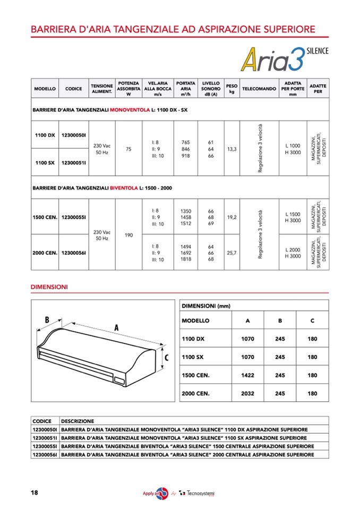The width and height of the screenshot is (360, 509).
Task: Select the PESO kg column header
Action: [232, 88]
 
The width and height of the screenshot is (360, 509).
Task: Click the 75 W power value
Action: [128, 150]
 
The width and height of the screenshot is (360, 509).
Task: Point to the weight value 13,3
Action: [232, 150]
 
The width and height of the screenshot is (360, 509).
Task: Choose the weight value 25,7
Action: [232, 253]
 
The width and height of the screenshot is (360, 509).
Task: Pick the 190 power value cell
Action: [128, 234]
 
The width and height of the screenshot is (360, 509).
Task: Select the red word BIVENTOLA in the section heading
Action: [124, 188]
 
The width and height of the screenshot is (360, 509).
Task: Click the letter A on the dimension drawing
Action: [116, 329]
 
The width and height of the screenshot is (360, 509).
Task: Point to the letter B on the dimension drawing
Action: [47, 320]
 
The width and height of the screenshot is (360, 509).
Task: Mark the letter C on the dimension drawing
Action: [166, 358]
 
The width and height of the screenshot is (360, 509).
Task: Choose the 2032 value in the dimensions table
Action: [247, 394]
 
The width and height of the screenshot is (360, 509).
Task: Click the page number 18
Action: [34, 493]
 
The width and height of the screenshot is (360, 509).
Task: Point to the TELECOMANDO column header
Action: [259, 89]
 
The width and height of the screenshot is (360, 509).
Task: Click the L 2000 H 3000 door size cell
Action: [293, 253]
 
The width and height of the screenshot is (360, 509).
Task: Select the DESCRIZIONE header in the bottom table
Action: [78, 421]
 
